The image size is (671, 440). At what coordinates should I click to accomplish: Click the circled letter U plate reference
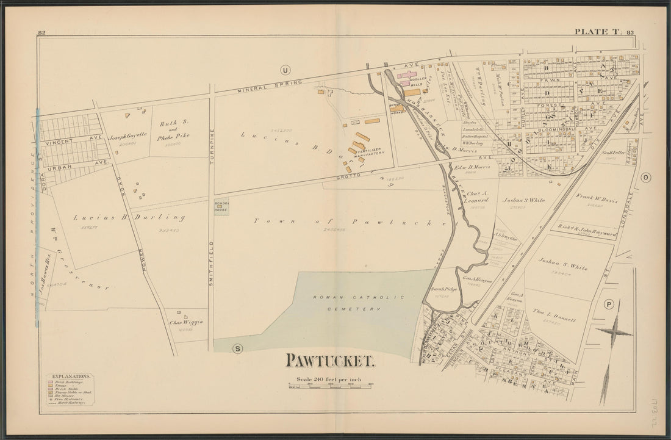coord(284,68)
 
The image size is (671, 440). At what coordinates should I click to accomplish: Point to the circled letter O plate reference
coord(647,178)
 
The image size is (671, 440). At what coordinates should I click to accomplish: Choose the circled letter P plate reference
coord(608,305)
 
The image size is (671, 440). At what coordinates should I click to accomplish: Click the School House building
coord(221,207)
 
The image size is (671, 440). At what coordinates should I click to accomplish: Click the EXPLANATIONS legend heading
coord(71,377)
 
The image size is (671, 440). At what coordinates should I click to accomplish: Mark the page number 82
coord(42,33)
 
